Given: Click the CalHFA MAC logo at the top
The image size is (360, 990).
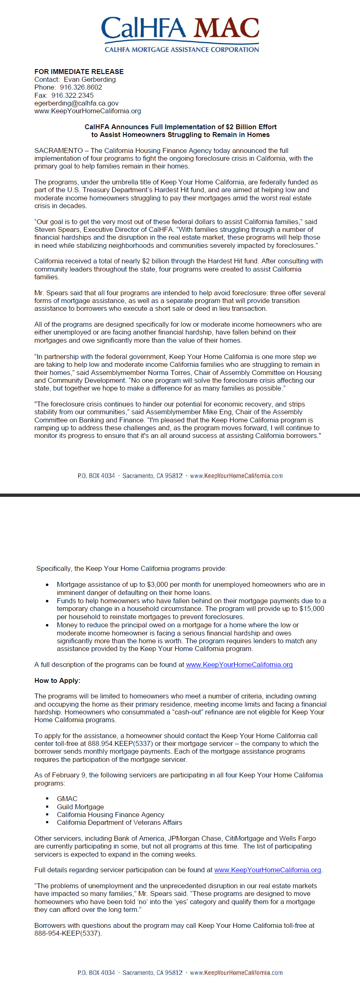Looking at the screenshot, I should pos(180,35).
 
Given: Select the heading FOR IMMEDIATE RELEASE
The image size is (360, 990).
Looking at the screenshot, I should pos(79,72).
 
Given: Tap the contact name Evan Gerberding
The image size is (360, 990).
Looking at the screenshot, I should pos(90,79).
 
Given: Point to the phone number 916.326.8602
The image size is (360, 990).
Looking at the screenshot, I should pos(81,87).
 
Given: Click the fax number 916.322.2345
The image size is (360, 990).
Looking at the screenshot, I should pos(72,95).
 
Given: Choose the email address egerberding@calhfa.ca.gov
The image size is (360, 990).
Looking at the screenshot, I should pos(76,103).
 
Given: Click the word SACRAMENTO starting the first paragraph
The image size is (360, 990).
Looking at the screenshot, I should pos(59,150).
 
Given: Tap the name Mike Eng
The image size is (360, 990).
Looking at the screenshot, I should pos(218,412).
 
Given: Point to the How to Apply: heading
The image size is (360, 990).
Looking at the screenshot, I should pos(57,680).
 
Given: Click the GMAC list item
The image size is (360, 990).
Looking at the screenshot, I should pos(67,799).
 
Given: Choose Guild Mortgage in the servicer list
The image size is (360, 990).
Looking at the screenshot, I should pos(80,807).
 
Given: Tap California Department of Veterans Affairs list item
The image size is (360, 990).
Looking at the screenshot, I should pos(119,822).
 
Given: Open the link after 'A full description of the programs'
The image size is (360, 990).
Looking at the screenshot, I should pos(239,664).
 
